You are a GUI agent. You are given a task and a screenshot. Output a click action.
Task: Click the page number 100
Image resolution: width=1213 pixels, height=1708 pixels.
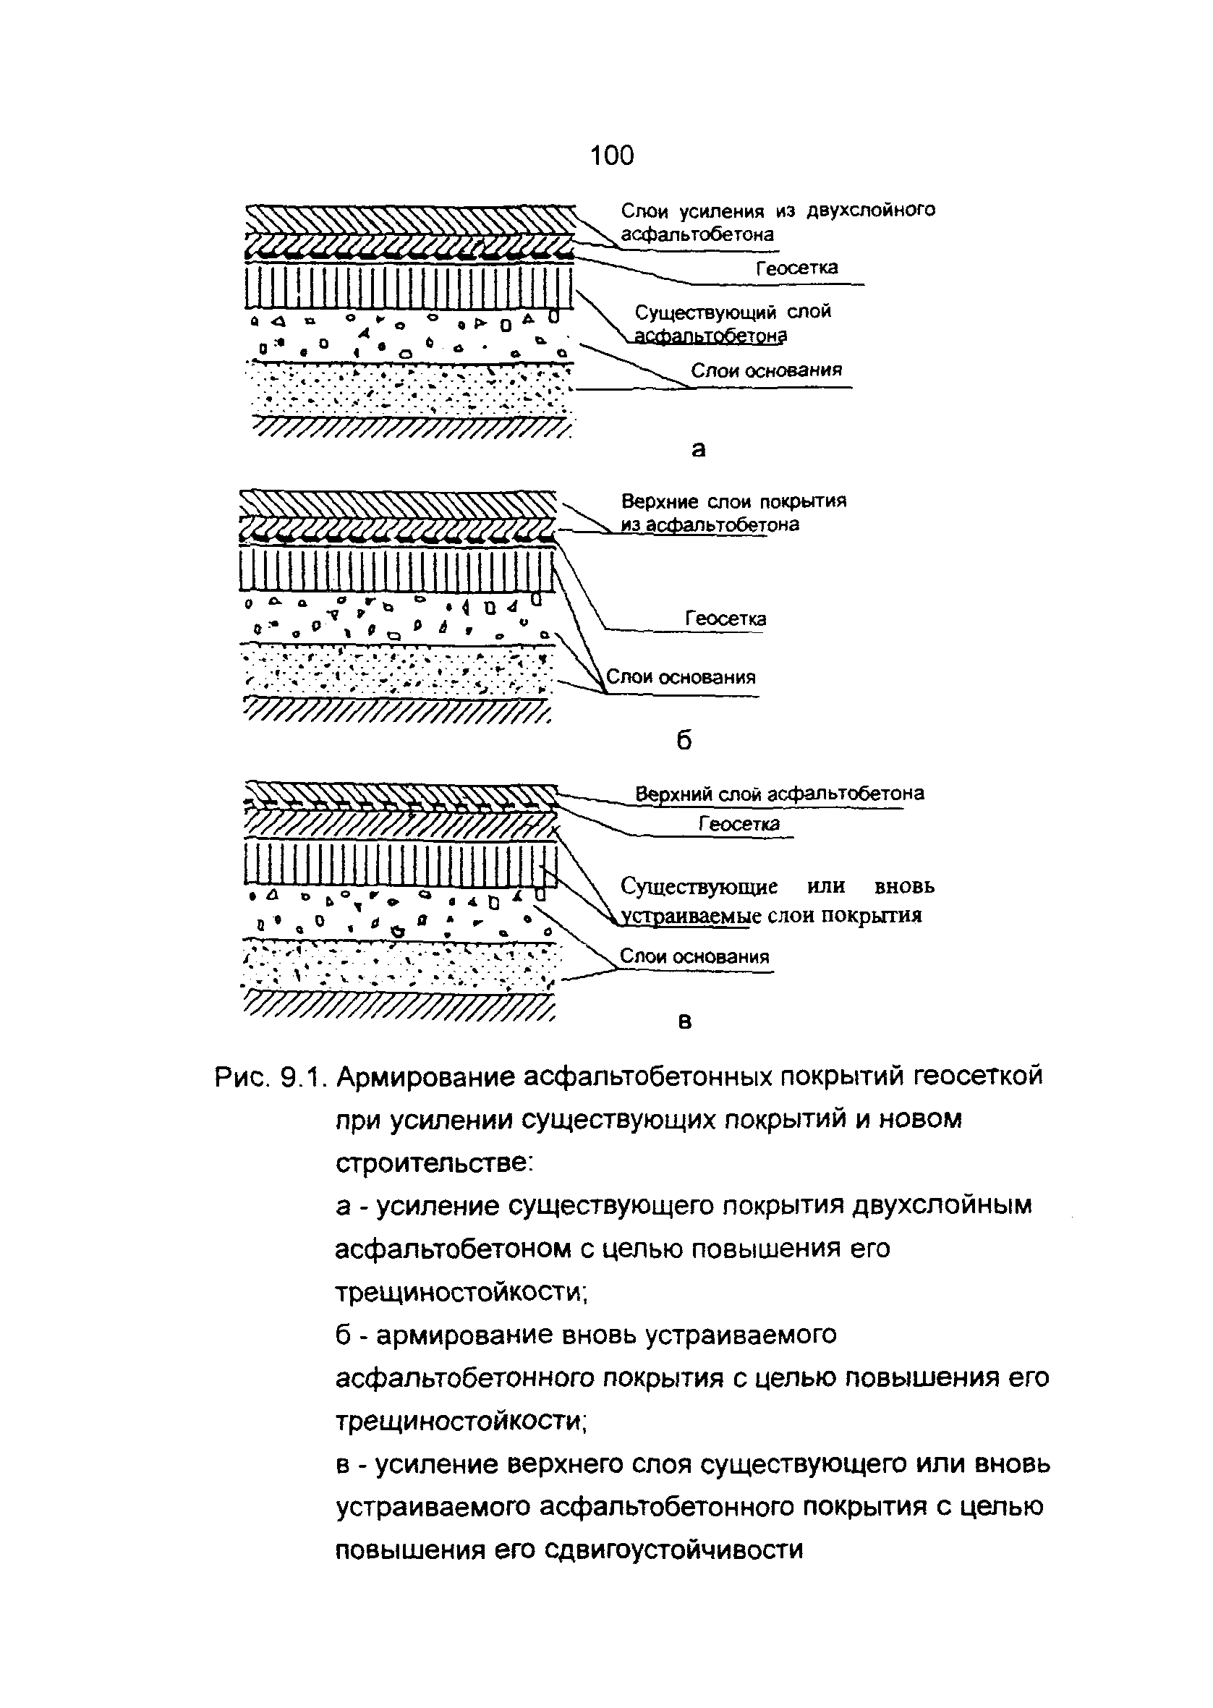(612, 156)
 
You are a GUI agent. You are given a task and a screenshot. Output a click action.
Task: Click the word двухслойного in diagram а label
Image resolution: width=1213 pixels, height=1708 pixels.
(870, 211)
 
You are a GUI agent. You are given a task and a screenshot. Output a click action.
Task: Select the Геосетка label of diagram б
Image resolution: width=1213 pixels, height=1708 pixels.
(725, 619)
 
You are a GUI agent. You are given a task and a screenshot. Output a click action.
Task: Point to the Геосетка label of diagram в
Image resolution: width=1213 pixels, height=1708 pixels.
(739, 824)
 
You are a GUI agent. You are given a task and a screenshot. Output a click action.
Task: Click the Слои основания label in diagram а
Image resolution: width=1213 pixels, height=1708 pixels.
(765, 370)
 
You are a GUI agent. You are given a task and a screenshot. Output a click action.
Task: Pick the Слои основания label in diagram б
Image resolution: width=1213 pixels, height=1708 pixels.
(681, 677)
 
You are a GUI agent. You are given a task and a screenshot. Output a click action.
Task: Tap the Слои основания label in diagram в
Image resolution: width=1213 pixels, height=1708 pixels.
(694, 956)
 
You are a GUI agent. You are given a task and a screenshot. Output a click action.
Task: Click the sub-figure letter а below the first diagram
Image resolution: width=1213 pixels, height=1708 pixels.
(699, 449)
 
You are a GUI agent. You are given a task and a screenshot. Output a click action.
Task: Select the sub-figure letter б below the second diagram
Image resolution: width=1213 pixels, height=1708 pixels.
(684, 739)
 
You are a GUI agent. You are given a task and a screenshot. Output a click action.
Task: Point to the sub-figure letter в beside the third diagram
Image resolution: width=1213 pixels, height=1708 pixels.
(685, 1021)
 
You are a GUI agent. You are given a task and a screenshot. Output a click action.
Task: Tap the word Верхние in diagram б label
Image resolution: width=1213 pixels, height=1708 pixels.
(660, 501)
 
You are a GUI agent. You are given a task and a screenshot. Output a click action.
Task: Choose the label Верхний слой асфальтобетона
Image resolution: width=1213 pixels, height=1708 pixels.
(779, 793)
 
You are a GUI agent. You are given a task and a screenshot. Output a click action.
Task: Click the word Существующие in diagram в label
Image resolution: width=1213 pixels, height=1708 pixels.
(699, 886)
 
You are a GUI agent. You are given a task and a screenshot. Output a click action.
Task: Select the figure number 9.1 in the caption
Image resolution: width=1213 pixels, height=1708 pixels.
(301, 1078)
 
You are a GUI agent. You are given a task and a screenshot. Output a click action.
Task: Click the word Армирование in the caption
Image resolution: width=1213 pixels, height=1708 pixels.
(425, 1078)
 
